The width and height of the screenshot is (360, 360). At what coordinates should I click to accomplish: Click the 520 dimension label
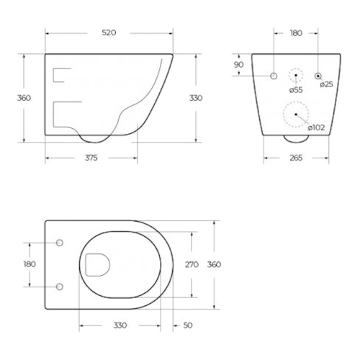click(x=109, y=32)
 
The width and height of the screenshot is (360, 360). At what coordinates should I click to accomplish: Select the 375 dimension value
click(x=91, y=158)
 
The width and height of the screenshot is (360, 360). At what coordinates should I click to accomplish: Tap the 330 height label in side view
click(x=196, y=98)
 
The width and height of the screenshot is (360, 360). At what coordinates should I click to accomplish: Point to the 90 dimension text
click(x=238, y=65)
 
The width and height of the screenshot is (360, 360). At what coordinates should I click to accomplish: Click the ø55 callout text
click(x=296, y=90)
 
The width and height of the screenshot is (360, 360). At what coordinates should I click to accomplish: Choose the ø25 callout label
click(x=327, y=84)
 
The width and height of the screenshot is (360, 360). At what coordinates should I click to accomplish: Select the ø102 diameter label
click(x=316, y=127)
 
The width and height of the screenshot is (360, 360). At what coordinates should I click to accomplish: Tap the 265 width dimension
click(x=296, y=158)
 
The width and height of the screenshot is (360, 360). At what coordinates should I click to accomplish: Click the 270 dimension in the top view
click(x=192, y=264)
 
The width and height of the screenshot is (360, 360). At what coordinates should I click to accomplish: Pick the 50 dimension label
click(x=188, y=325)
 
